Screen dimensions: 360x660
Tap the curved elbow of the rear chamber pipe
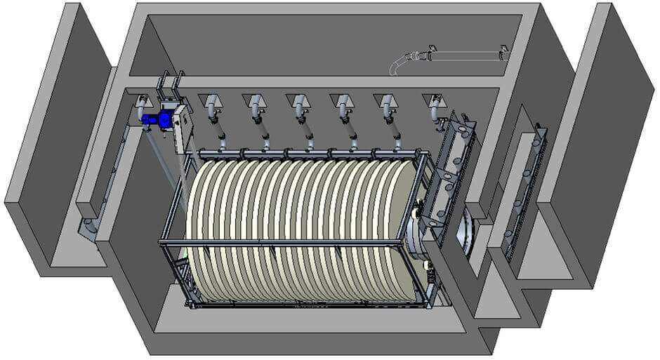pos(397,65)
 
